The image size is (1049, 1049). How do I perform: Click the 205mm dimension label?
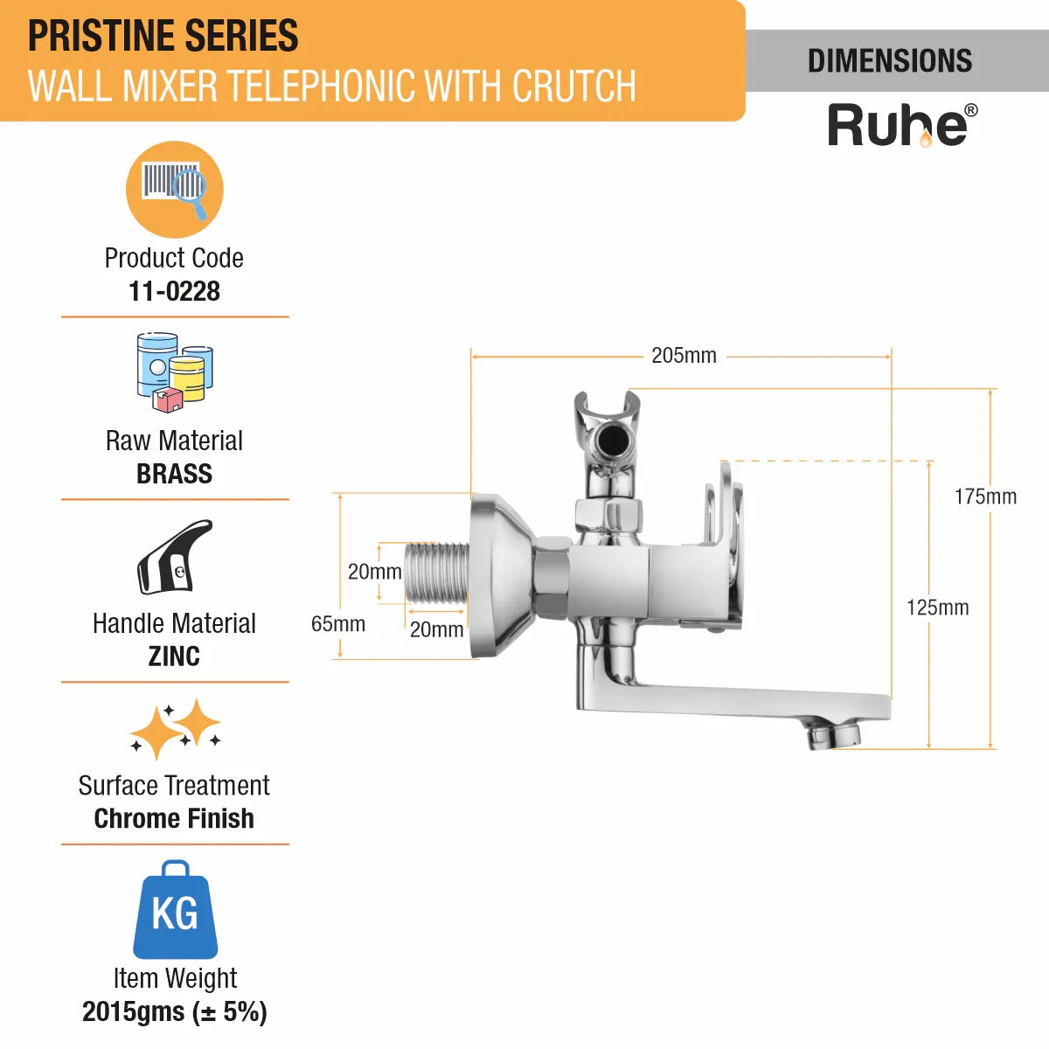[x=684, y=356]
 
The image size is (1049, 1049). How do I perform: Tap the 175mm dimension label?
[x=985, y=497]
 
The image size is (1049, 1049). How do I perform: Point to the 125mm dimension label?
[x=937, y=608]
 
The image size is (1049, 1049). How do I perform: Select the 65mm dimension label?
[x=338, y=624]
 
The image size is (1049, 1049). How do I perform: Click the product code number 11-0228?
[x=174, y=291]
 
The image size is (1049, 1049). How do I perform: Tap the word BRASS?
[x=174, y=474]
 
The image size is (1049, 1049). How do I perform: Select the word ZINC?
[x=174, y=656]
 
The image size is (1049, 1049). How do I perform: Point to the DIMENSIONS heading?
[x=890, y=60]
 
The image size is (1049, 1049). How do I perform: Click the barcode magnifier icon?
[x=174, y=190]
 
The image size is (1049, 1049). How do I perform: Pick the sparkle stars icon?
[x=176, y=729]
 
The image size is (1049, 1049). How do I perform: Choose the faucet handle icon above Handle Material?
[x=174, y=557]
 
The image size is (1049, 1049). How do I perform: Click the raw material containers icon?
[x=175, y=372]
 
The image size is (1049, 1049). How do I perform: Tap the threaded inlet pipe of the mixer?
[x=436, y=573]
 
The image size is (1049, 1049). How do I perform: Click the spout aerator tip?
[x=833, y=737]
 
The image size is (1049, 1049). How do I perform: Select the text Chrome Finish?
[x=174, y=819]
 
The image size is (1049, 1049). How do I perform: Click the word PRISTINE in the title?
[x=101, y=36]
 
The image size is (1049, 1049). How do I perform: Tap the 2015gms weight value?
[x=134, y=1012]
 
